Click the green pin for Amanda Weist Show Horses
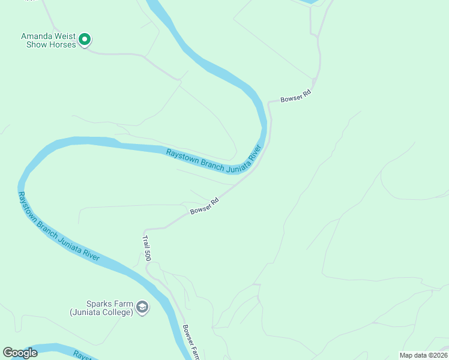tap(85, 40)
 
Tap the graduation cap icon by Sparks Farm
tap(142, 308)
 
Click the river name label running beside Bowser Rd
tap(214, 158)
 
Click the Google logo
tap(20, 353)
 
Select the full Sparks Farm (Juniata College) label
tap(101, 308)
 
